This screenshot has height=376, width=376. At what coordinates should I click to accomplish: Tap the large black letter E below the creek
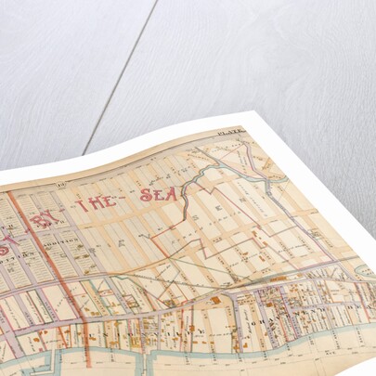pyautogui.click(x=219, y=236)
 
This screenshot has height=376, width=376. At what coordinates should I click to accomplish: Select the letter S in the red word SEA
pyautogui.click(x=145, y=197)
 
